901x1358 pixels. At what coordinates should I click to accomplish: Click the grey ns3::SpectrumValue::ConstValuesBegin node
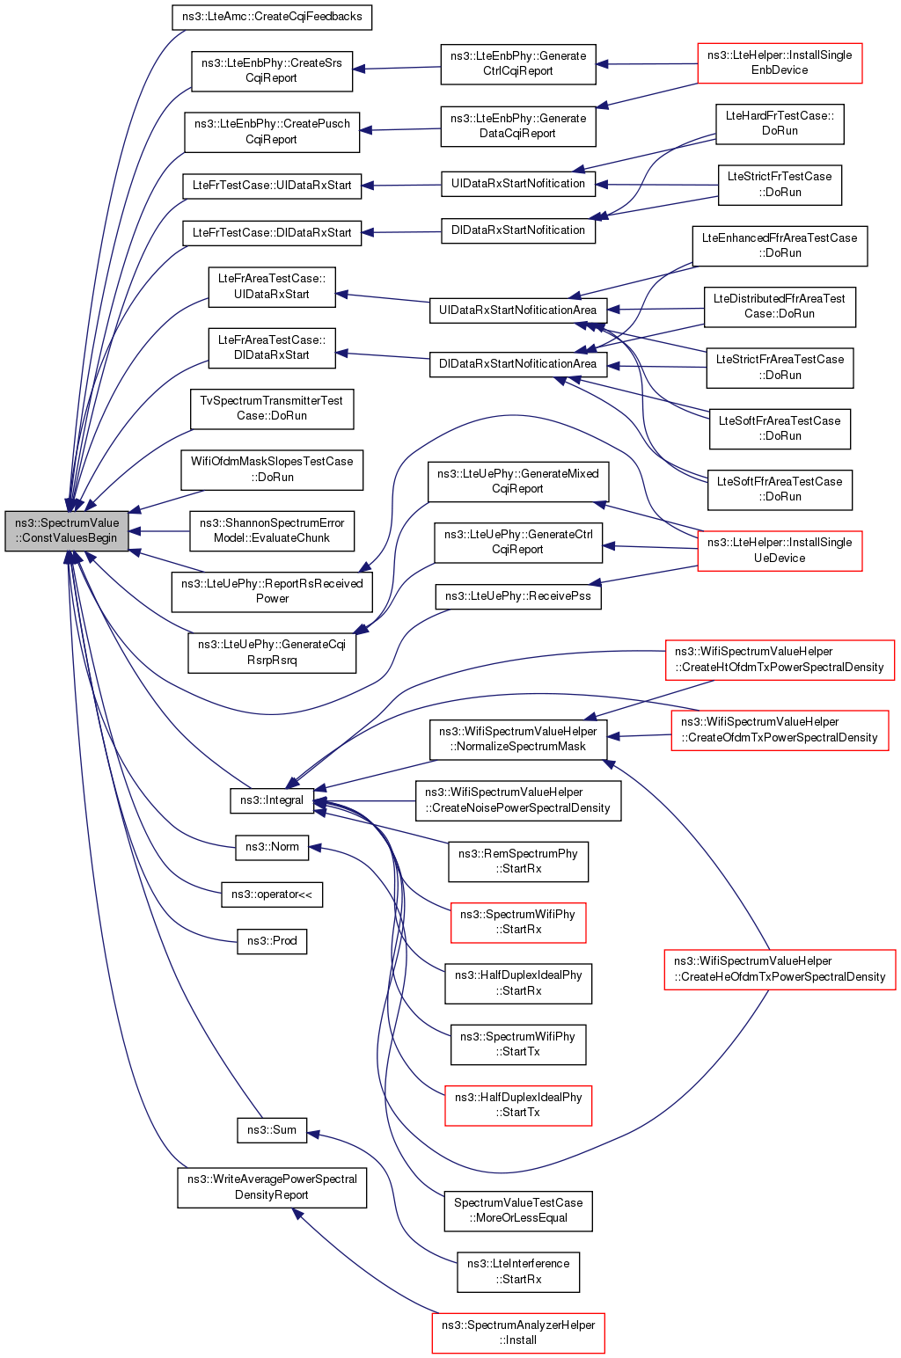(x=67, y=531)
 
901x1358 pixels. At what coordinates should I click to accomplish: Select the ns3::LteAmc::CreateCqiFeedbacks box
(x=272, y=17)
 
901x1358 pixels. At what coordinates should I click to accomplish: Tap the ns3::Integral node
(x=272, y=800)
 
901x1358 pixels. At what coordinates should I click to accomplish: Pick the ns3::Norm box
(x=272, y=847)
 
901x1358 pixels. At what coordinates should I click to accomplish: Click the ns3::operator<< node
(x=272, y=894)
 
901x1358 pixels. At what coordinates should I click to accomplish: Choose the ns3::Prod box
(x=272, y=941)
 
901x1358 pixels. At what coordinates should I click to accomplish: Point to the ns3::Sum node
(x=272, y=1130)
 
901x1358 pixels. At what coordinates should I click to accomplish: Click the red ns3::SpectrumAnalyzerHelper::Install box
(x=518, y=1333)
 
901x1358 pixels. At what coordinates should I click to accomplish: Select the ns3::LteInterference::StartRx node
(x=518, y=1272)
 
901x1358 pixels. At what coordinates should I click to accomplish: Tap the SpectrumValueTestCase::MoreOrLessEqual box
(x=518, y=1211)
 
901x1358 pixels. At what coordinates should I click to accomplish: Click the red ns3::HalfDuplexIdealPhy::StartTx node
(x=518, y=1106)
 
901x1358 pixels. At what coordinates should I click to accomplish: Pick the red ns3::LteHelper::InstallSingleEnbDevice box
(x=780, y=63)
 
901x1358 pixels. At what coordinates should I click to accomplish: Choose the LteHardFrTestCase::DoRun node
(x=780, y=124)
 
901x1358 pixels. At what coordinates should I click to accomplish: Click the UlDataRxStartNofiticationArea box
(x=517, y=310)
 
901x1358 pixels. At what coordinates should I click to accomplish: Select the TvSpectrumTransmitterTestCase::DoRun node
(x=272, y=409)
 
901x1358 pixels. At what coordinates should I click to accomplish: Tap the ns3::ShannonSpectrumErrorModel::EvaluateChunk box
(x=272, y=531)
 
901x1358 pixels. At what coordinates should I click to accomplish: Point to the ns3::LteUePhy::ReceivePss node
(x=517, y=596)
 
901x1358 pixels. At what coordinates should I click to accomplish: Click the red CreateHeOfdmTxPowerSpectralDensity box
(x=780, y=969)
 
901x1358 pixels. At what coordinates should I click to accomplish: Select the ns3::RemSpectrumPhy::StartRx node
(x=518, y=861)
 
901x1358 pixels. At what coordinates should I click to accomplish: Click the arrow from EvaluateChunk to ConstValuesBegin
(x=159, y=531)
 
